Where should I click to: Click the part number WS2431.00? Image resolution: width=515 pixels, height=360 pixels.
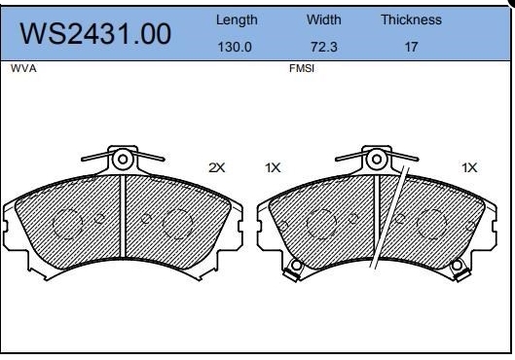(x=95, y=34)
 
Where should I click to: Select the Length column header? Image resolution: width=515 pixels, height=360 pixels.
(x=237, y=20)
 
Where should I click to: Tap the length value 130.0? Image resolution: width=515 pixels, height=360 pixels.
(x=235, y=47)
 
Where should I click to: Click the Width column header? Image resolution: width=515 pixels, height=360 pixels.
(x=324, y=19)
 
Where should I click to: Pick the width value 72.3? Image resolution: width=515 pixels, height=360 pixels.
(x=324, y=47)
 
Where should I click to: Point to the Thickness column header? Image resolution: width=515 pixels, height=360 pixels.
(x=411, y=19)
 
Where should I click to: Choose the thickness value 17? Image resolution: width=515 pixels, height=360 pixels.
(x=411, y=47)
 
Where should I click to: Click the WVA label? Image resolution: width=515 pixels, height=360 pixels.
(x=23, y=68)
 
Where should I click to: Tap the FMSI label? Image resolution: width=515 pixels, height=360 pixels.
(x=302, y=68)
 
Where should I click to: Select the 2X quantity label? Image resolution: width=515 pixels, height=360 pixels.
(x=217, y=167)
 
